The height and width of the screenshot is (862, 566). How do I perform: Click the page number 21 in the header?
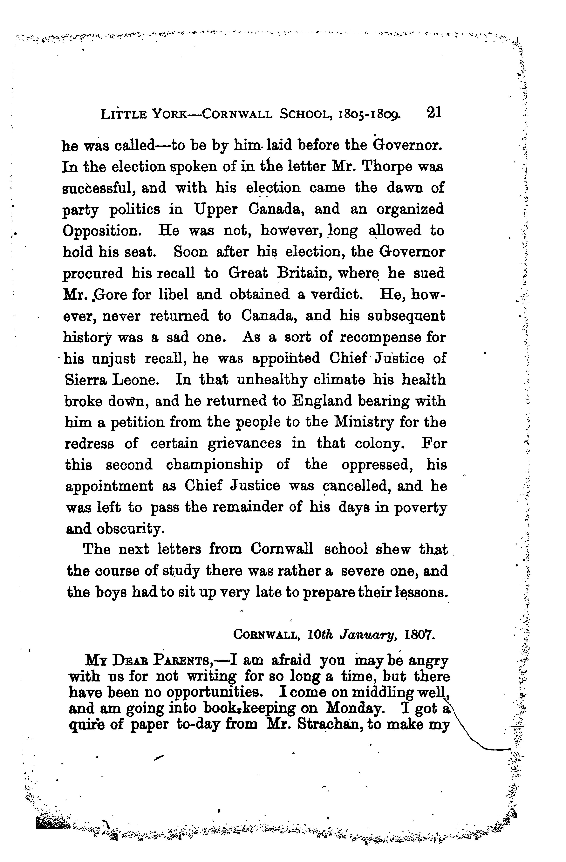pos(434,112)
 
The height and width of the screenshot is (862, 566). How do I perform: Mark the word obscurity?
pos(131,530)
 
